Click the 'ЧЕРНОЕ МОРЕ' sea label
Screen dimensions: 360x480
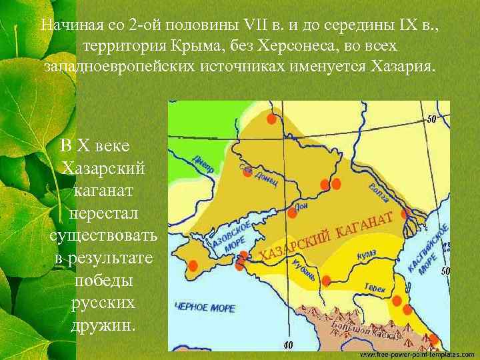[204, 308]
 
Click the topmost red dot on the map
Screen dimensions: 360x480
[271, 119]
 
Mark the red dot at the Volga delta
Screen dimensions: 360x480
[405, 214]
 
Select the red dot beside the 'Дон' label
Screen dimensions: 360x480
[292, 213]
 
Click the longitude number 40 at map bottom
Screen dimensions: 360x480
[288, 345]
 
